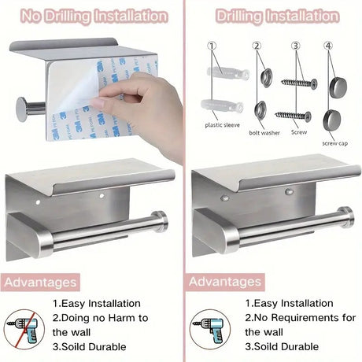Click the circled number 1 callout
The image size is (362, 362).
pos(212,46)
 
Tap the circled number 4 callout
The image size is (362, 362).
pos(328,46)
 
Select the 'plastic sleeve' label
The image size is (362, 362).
pos(222,125)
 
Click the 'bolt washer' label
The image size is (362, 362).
pos(264,133)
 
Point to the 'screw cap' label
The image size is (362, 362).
pos(335,143)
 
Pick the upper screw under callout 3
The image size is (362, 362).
pos(299,83)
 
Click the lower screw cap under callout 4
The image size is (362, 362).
pos(332,121)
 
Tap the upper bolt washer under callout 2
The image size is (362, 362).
pos(266,78)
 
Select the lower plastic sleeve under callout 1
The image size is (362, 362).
pos(222,106)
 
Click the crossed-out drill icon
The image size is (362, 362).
pos(24,330)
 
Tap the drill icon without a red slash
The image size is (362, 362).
pos(210,330)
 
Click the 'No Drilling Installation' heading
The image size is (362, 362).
pos(94,16)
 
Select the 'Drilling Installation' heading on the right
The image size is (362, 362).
pos(277,16)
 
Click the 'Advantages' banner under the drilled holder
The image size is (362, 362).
pos(225,282)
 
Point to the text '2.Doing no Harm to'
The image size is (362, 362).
pos(100,318)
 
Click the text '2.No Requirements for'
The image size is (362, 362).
pos(301,318)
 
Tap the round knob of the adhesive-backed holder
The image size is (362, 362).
pos(21,109)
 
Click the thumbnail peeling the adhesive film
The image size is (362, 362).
pos(96,102)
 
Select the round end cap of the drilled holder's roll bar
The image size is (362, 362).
pos(347,217)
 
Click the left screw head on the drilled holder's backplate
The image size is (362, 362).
pos(225,198)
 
